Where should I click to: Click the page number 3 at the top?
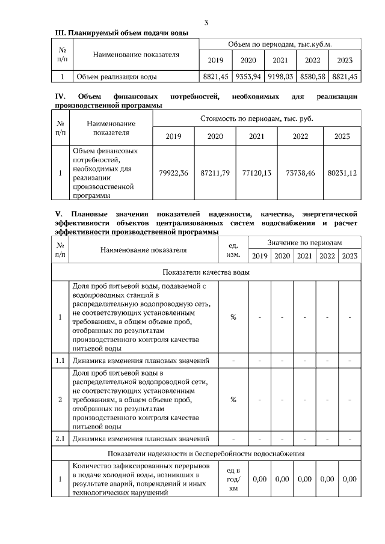click(x=206, y=23)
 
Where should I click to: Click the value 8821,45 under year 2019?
click(x=215, y=77)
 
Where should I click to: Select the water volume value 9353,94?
click(x=247, y=77)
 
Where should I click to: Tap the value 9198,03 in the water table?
click(x=280, y=77)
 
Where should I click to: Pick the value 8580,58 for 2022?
click(x=313, y=77)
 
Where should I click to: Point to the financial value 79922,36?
click(x=173, y=173)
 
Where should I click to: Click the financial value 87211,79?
click(x=215, y=173)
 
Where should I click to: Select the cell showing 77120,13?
click(x=257, y=173)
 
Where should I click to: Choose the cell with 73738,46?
click(x=300, y=173)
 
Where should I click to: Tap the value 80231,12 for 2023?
click(x=342, y=173)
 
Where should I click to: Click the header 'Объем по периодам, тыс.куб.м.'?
click(x=280, y=44)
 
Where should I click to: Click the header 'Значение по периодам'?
click(x=304, y=242)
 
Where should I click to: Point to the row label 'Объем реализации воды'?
click(x=115, y=77)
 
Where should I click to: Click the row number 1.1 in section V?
click(x=60, y=361)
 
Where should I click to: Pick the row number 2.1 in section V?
click(x=60, y=439)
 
